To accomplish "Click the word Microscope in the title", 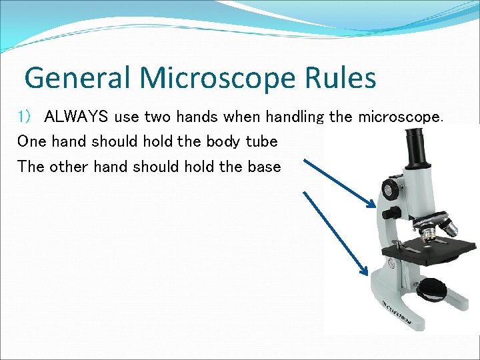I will (218, 78).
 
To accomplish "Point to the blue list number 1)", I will (25, 117).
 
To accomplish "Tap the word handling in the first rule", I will (295, 117).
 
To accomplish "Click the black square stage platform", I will (427, 251).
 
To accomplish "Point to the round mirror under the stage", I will (431, 288).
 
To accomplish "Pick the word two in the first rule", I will (158, 117).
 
